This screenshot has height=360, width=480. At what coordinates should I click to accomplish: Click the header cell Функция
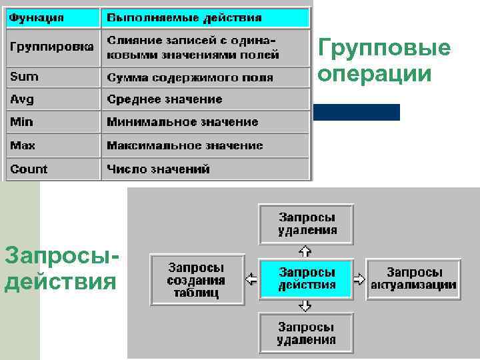pos(52,17)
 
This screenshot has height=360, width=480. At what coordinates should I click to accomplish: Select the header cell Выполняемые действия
pos(205,17)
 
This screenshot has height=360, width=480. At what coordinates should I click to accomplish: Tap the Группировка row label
pos(52,47)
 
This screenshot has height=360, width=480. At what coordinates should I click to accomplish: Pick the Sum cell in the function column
pos(52,77)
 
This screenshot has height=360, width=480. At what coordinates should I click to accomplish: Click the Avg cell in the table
pos(52,99)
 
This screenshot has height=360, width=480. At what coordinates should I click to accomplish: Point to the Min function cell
pos(52,122)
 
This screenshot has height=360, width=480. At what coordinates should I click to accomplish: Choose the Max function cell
pos(52,145)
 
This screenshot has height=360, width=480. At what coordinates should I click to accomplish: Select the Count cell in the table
pos(52,169)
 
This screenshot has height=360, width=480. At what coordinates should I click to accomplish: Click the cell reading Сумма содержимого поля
pos(205,77)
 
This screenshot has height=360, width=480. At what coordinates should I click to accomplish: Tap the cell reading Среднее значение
pos(205,99)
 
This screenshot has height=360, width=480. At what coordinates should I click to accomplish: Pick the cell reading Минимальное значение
pos(205,122)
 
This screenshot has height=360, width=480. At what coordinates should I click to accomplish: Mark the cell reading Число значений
pos(205,169)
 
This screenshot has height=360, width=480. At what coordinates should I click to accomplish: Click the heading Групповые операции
pos(384,61)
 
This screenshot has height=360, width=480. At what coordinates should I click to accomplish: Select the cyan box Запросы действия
pos(306,279)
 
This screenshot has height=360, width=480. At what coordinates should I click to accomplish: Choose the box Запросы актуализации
pos(414,279)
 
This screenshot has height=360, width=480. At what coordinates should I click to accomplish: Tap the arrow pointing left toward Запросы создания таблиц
pos(251,279)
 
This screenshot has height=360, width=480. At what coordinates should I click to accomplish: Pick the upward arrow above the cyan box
pos(305,251)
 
